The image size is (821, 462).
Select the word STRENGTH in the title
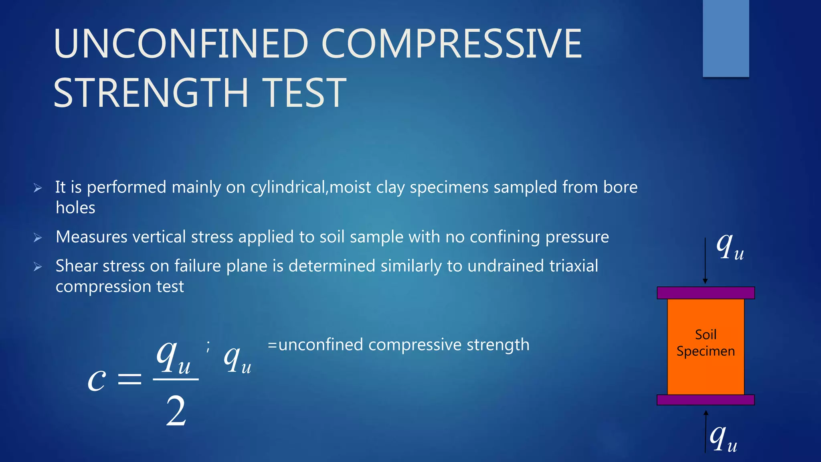(151, 93)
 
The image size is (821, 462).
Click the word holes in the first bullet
(75, 208)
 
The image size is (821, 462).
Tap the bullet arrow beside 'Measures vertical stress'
(38, 238)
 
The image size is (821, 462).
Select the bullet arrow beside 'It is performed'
(38, 188)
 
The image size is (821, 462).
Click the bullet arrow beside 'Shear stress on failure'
(38, 267)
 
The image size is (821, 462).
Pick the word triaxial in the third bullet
(573, 266)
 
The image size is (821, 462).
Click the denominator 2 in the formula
(176, 411)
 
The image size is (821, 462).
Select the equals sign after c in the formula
(129, 379)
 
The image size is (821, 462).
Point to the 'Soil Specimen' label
(706, 343)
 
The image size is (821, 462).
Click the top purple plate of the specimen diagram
(706, 293)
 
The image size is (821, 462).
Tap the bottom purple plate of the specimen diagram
(706, 400)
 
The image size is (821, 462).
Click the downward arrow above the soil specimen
(705, 261)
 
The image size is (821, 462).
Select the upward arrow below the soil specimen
(706, 431)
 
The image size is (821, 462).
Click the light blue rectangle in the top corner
(726, 38)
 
